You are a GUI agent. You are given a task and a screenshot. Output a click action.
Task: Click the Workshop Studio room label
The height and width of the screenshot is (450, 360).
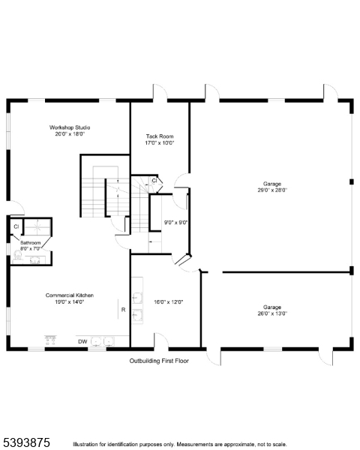[70, 127]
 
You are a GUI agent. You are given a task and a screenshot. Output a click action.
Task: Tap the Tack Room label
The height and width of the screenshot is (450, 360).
[159, 136]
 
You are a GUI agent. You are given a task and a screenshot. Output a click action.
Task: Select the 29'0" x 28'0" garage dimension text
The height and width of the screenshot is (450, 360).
[271, 190]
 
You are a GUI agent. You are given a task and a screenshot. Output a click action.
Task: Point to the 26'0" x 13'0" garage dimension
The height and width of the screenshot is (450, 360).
[271, 313]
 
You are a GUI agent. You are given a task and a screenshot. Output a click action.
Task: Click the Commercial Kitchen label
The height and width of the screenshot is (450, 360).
[69, 295]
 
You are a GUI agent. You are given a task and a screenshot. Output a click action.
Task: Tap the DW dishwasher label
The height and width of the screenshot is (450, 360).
[82, 341]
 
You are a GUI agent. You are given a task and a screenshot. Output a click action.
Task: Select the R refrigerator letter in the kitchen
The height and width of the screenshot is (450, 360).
[123, 309]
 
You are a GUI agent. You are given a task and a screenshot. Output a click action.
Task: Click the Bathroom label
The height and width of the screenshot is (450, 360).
[30, 243]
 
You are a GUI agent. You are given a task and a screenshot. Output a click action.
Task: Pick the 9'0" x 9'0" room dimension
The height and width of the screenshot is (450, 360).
[175, 222]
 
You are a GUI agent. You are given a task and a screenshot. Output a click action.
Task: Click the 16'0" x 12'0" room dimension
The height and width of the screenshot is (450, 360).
[169, 301]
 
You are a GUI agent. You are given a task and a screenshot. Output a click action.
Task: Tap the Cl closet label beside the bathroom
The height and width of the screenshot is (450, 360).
[16, 226]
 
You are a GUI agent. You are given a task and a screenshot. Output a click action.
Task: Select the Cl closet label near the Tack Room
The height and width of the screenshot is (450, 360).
[154, 181]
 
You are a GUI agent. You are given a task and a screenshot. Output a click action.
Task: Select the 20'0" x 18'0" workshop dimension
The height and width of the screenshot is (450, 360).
[70, 134]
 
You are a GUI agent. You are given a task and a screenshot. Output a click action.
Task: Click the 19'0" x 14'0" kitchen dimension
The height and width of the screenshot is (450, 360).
[69, 302]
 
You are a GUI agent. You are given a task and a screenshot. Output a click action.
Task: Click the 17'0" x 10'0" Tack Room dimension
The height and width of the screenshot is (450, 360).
[159, 142]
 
